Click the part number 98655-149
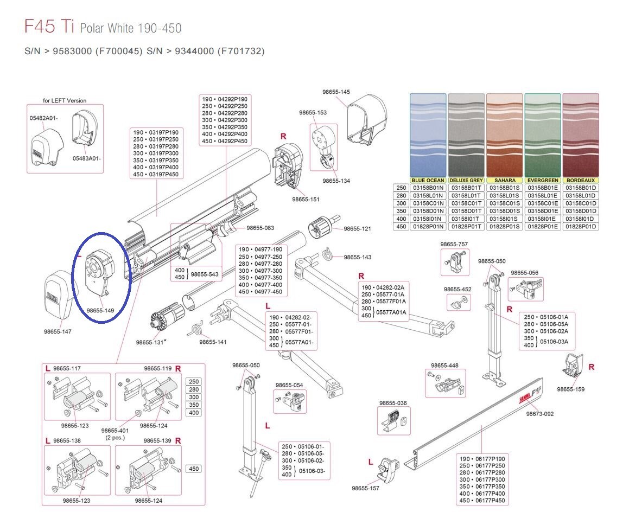point(100,310)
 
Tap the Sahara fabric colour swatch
point(504,135)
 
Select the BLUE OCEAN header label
point(428,181)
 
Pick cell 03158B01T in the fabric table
point(466,188)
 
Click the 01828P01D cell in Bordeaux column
point(581,226)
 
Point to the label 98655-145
point(336,92)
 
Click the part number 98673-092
point(540,414)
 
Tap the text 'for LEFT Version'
point(65,100)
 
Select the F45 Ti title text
point(49,26)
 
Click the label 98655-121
point(358,228)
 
